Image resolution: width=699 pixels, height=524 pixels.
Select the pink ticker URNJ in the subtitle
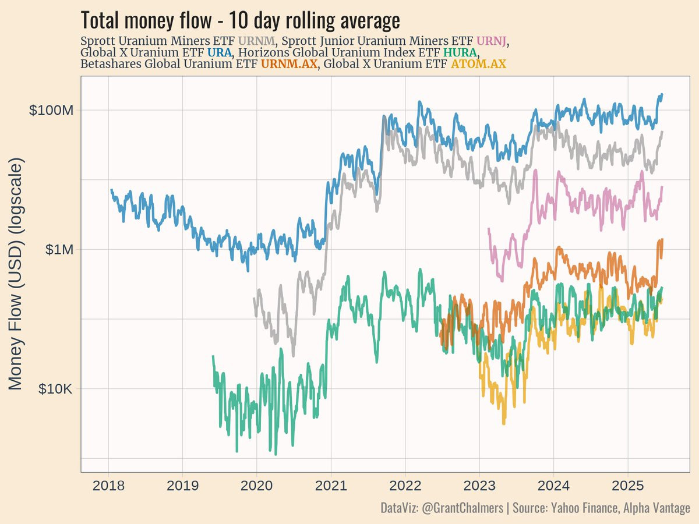[492, 41]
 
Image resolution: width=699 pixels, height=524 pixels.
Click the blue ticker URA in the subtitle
[219, 53]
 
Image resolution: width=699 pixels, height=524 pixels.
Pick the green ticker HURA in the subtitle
[460, 53]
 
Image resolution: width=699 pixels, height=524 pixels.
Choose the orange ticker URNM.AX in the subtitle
[290, 64]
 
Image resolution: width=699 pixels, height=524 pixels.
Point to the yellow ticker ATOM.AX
[478, 64]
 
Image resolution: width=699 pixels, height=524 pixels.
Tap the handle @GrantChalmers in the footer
[463, 508]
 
